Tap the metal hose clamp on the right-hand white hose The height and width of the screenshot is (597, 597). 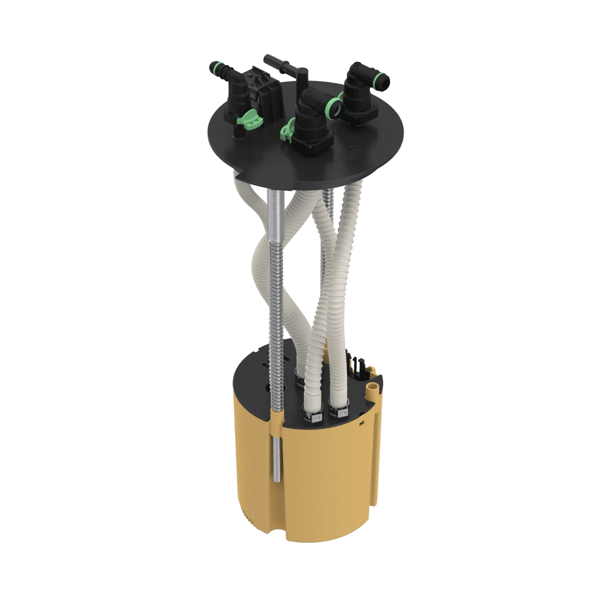click(341, 414)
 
